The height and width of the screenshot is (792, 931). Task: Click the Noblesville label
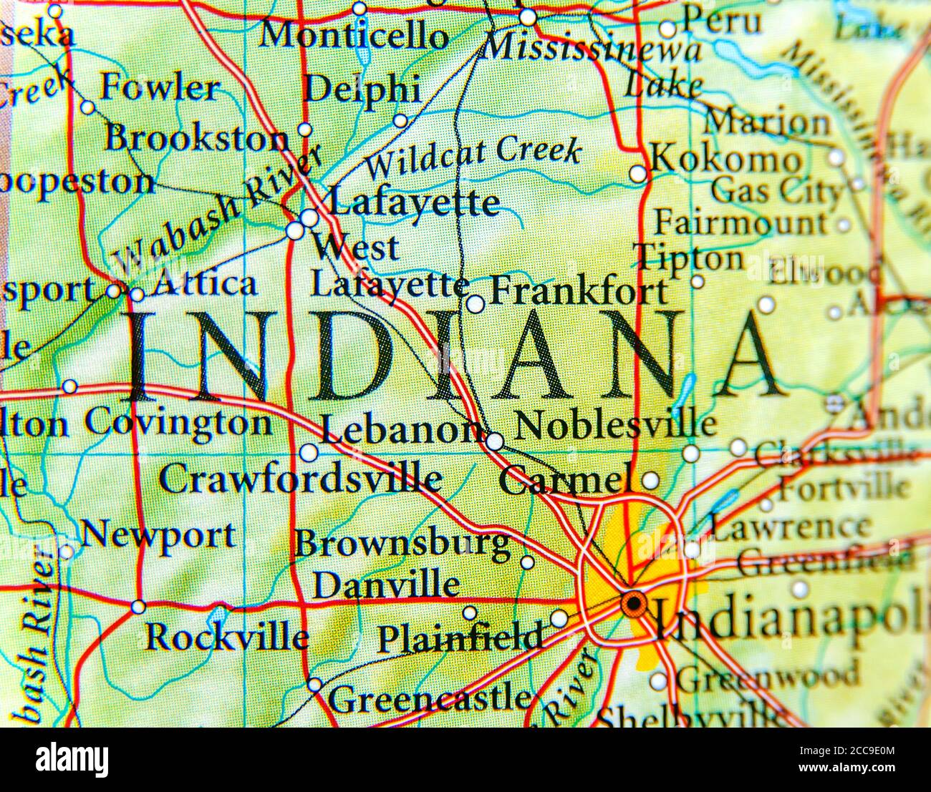[615, 424]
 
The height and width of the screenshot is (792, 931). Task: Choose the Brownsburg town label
[402, 544]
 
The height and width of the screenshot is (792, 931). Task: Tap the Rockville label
[227, 636]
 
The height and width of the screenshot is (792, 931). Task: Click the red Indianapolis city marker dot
[633, 604]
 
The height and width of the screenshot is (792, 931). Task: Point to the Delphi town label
[362, 90]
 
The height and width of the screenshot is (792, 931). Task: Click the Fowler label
[160, 88]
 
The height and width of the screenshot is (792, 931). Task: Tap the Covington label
[178, 423]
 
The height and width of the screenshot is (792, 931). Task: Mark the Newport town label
[158, 534]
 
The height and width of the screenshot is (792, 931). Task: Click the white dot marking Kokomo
[637, 174]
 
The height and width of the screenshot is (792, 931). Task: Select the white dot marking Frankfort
[475, 304]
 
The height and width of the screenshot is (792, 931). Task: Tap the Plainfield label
[459, 637]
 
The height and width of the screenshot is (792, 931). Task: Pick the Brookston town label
[196, 138]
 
